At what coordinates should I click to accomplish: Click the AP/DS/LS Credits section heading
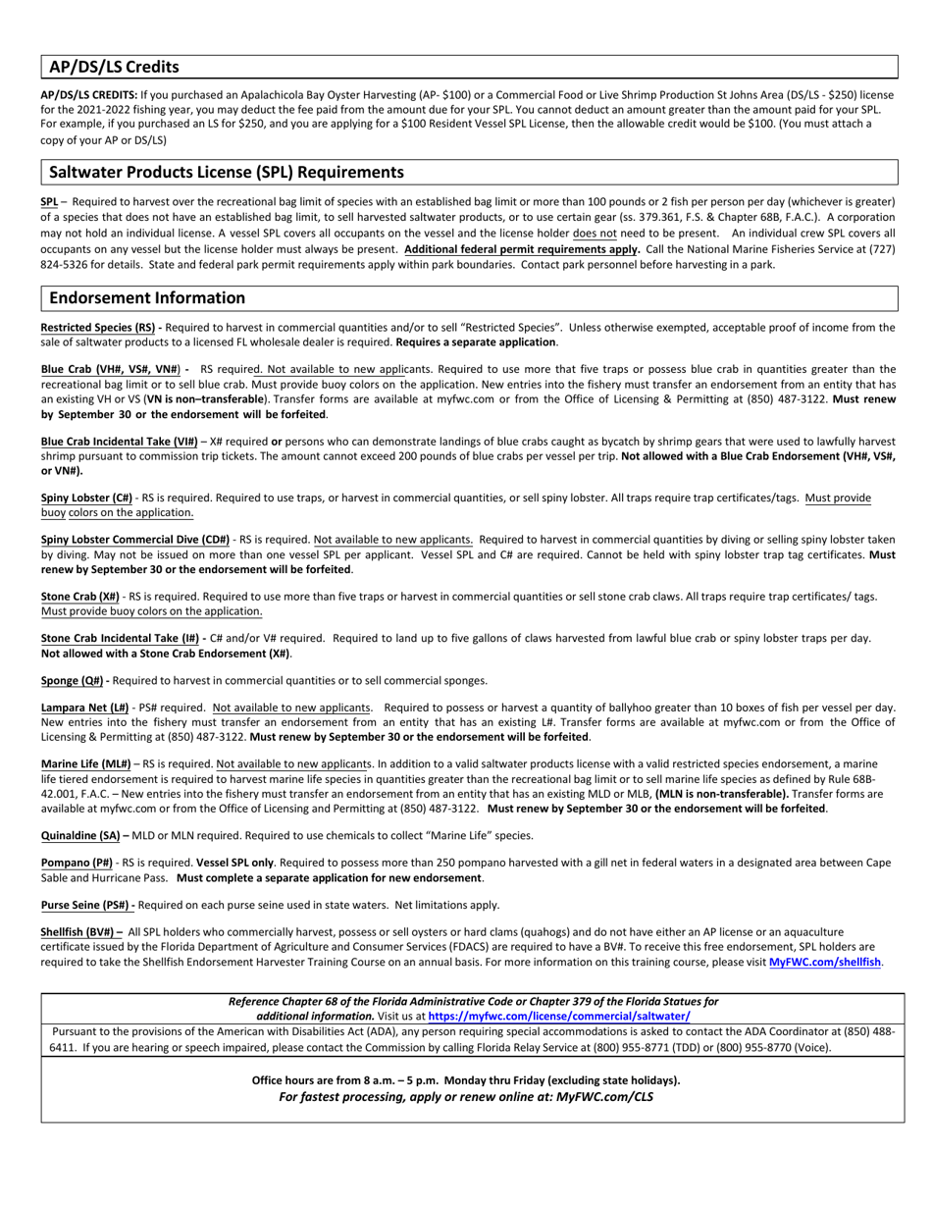tap(114, 67)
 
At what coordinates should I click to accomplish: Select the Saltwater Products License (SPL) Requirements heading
tap(226, 172)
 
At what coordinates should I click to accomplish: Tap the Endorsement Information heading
tap(147, 297)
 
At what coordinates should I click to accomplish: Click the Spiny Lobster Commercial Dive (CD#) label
tap(135, 540)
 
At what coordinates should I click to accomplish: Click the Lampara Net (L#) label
tap(84, 708)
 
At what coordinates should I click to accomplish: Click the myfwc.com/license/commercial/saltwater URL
tap(558, 1017)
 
